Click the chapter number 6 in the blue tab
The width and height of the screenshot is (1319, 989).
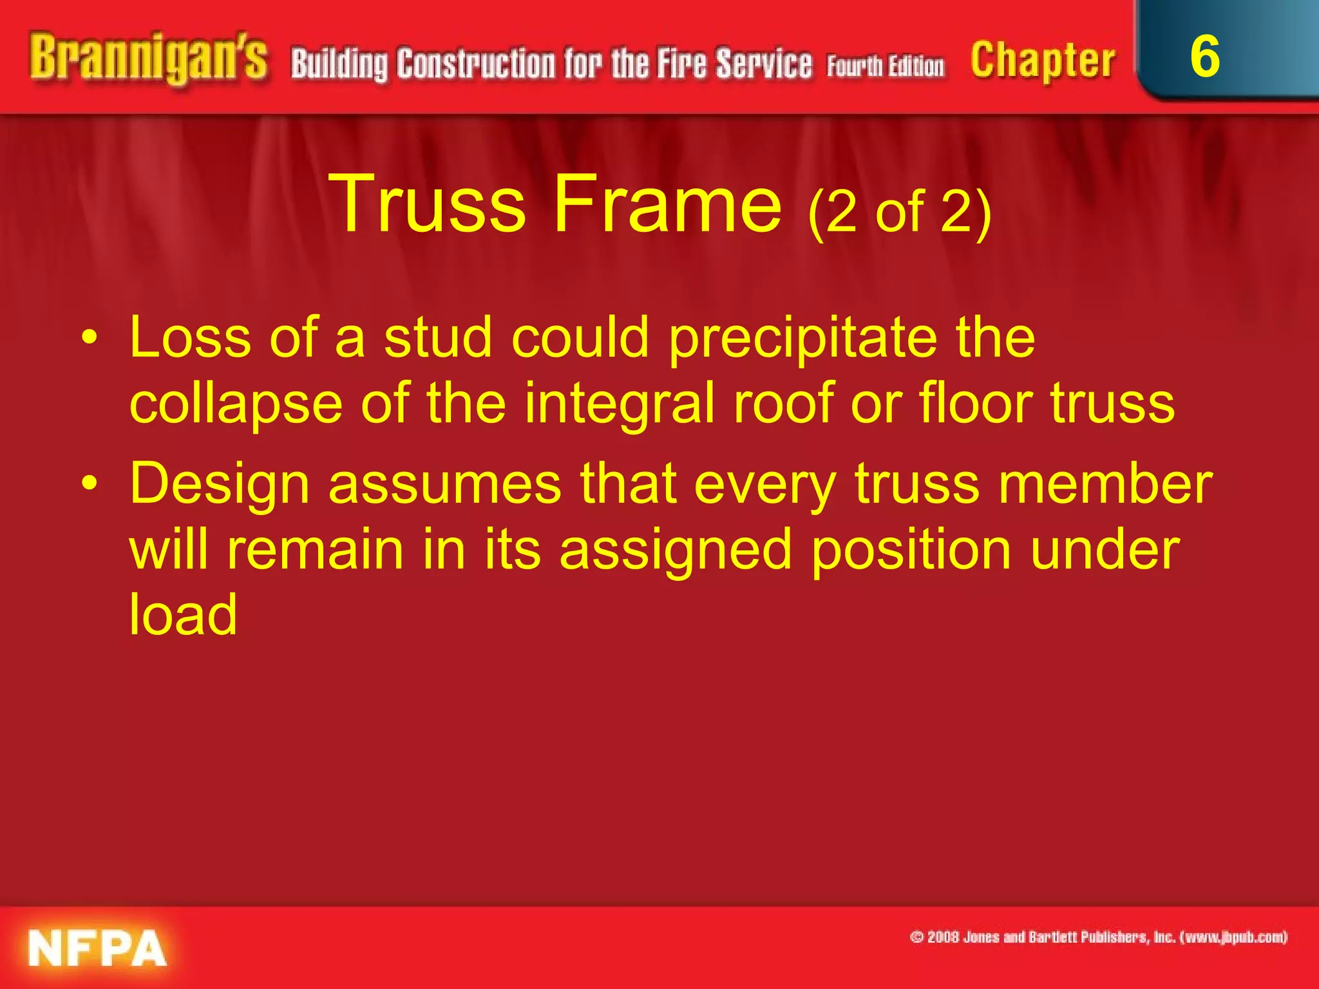[1204, 57]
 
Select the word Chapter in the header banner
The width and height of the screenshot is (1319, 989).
[1043, 61]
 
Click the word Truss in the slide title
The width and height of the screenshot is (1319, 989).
[428, 205]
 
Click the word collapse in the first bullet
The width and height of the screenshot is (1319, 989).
[236, 404]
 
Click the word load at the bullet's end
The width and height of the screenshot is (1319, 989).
[184, 614]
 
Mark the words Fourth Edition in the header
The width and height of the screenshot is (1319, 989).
[886, 67]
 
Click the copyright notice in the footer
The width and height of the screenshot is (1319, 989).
[1099, 937]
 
